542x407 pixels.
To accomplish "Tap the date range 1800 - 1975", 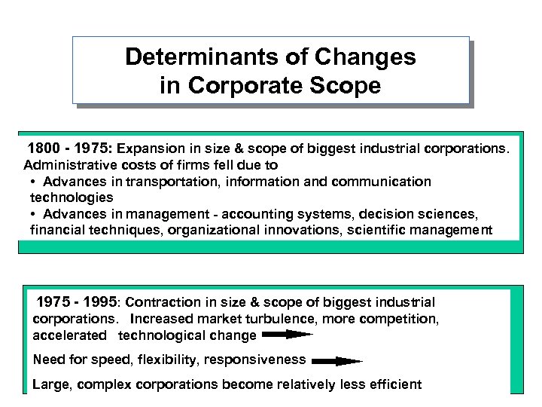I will click(68, 148).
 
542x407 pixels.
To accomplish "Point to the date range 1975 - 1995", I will click(78, 302).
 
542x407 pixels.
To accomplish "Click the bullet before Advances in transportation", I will click(35, 182).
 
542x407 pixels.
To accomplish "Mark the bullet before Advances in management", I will click(35, 215).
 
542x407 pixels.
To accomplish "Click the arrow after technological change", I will click(288, 334).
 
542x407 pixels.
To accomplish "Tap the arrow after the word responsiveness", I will click(336, 360).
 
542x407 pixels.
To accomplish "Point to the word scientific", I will click(377, 231).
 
